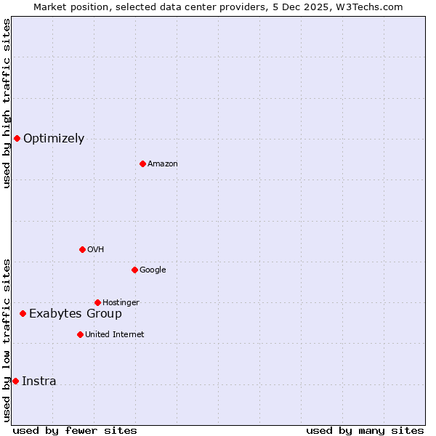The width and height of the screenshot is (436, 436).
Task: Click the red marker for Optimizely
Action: pos(17,138)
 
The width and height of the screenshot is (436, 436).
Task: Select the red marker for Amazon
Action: pos(142,163)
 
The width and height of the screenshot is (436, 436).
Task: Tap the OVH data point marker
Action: pos(82,249)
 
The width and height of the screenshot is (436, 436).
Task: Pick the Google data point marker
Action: pos(134,270)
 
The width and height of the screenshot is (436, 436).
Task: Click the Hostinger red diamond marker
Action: pos(97,302)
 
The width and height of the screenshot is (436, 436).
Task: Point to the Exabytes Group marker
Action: pos(23,313)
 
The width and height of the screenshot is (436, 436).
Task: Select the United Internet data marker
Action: pos(80,334)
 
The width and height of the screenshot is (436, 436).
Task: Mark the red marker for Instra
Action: pos(15,381)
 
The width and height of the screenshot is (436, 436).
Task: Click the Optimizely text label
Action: pos(54,139)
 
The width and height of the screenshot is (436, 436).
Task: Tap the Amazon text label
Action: pos(163,164)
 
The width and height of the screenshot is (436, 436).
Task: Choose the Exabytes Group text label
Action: pos(76,314)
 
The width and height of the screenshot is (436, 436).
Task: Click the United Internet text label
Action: pos(115,335)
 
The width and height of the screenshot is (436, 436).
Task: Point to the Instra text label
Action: pos(39,381)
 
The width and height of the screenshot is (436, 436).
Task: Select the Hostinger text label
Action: pos(121,303)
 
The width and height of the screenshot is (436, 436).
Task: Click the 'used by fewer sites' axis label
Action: pos(75,430)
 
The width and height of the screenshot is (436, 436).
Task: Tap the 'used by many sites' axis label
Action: pos(365,430)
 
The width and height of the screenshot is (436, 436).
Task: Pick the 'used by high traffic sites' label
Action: pos(7,103)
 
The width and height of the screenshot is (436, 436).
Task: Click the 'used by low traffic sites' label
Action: pos(7,339)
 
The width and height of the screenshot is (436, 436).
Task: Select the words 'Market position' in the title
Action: pos(66,7)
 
